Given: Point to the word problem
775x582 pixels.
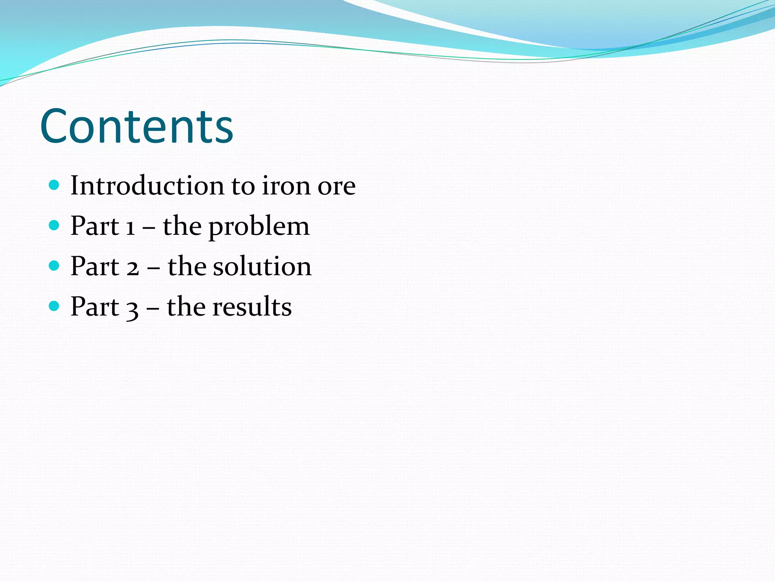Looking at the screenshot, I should click(x=259, y=227).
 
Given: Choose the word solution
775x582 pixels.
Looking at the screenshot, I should click(x=262, y=266).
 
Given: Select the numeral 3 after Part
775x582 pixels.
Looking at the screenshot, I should click(x=132, y=308).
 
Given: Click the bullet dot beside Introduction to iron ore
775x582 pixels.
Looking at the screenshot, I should click(x=54, y=185).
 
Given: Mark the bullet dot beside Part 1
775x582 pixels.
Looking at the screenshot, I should click(x=54, y=225).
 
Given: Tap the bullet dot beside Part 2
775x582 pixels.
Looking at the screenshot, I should click(x=54, y=266).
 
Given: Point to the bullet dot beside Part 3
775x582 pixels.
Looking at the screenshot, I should click(x=54, y=306).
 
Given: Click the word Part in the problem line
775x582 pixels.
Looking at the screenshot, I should click(x=95, y=226).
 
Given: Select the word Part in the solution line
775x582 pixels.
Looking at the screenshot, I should click(x=95, y=266).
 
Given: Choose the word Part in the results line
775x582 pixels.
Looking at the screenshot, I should click(x=95, y=307).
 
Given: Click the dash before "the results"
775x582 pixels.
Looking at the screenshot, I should click(x=153, y=307).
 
